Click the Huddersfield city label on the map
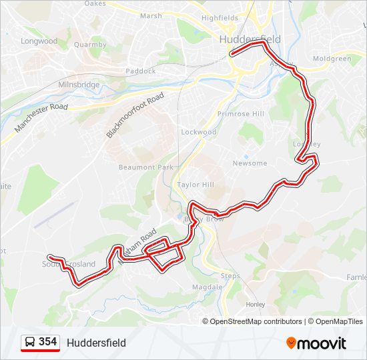[x=250, y=39]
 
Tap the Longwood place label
[x=39, y=41]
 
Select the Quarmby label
[x=90, y=45]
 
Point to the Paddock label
[x=140, y=71]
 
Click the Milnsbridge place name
[x=79, y=85]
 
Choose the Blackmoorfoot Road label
[x=135, y=116]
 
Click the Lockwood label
[x=199, y=132]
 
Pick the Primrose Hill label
[x=241, y=114]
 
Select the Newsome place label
[x=250, y=163]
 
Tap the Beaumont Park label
[x=146, y=167]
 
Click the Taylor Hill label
[x=196, y=185]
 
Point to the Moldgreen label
[x=332, y=59]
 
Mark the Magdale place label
[x=206, y=287]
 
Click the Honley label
[x=256, y=304]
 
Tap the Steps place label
[x=230, y=275]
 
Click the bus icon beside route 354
[x=30, y=342]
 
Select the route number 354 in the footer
[x=47, y=342]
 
